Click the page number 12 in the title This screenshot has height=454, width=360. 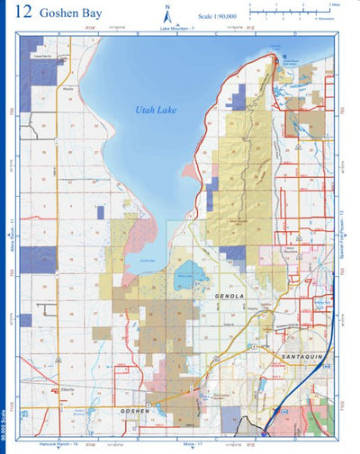pyautogui.click(x=24, y=13)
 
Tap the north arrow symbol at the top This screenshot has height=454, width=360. pyautogui.click(x=167, y=13)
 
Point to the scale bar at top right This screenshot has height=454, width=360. pyautogui.click(x=287, y=10)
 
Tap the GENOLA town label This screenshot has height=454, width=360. pyautogui.click(x=231, y=295)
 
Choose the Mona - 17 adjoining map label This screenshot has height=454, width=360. pyautogui.click(x=194, y=444)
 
